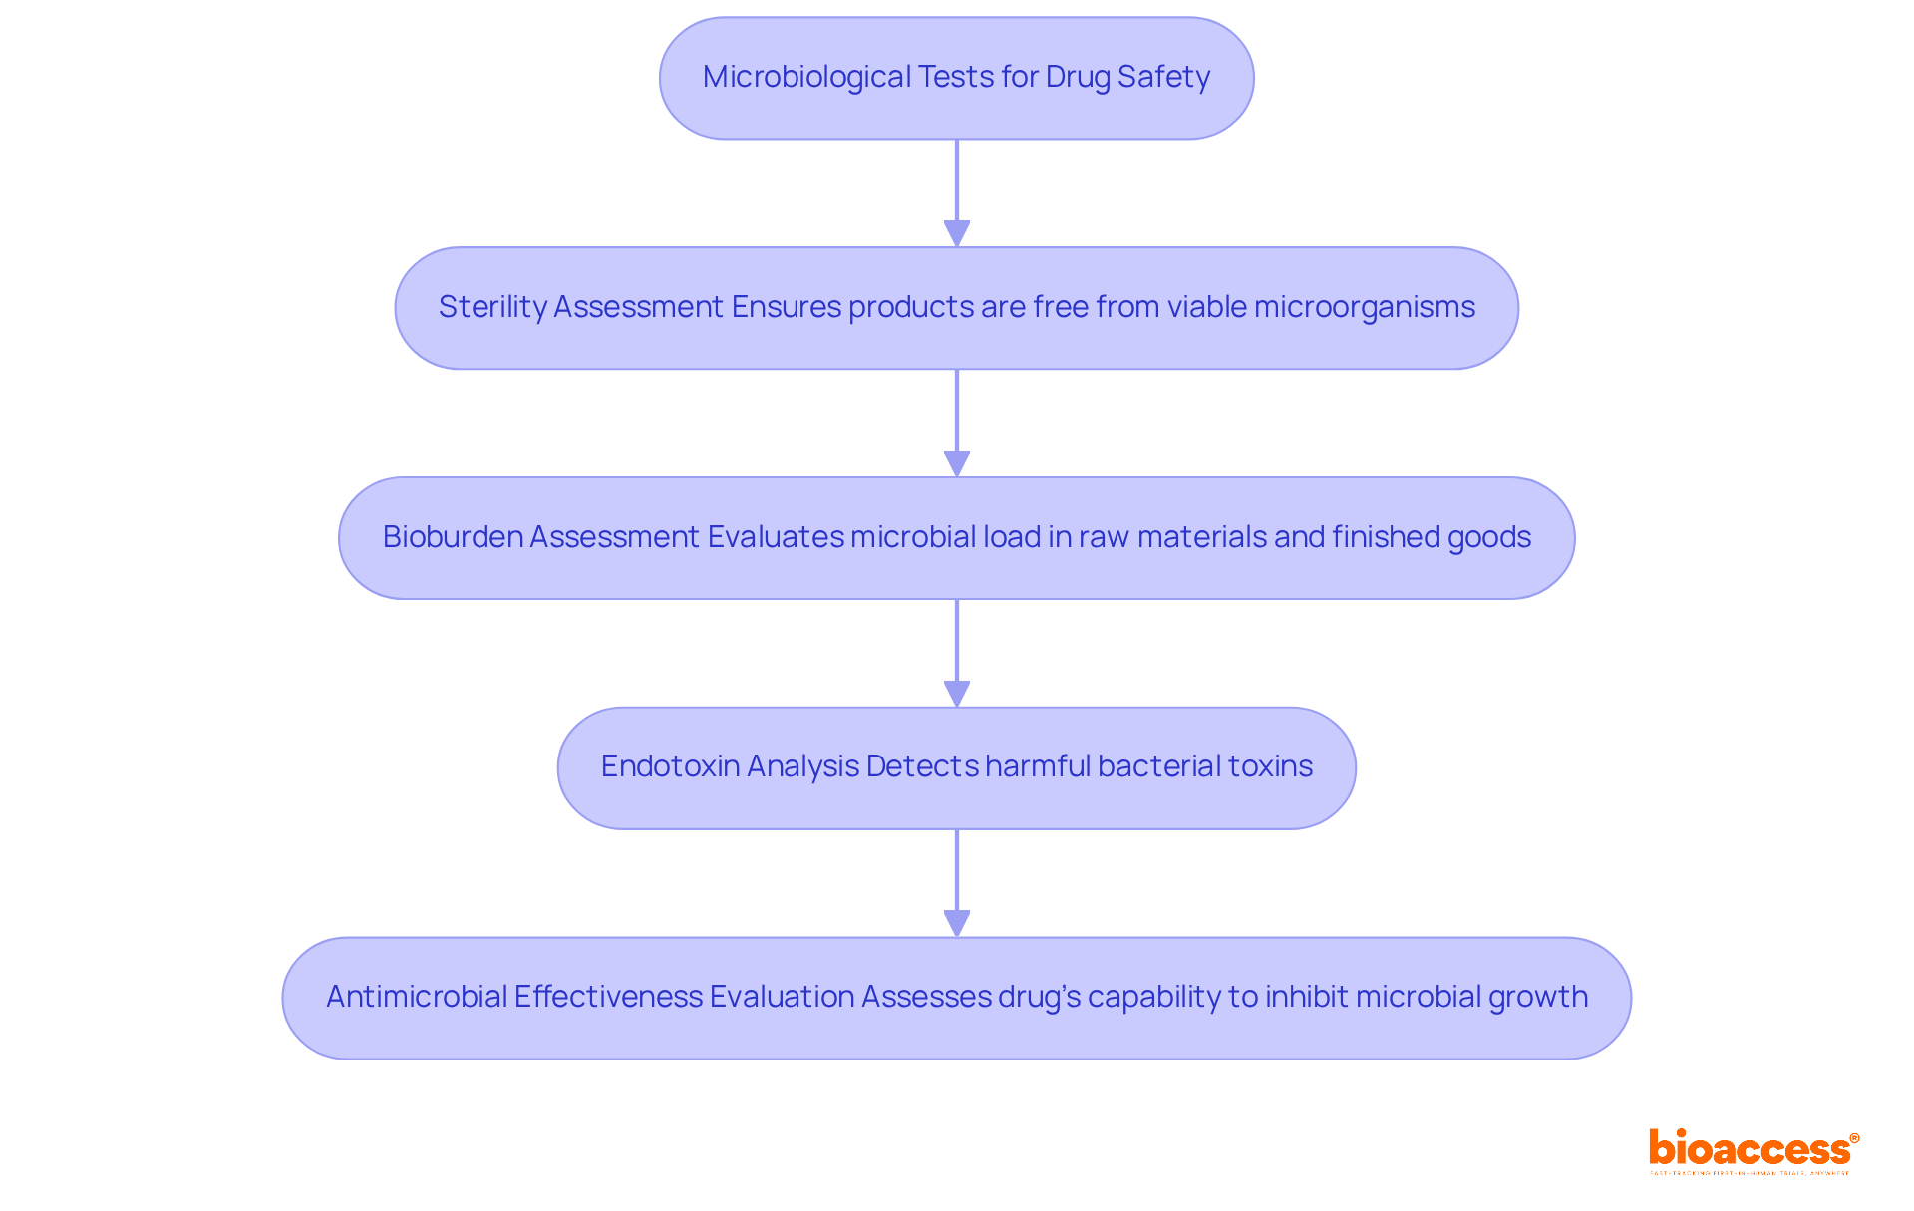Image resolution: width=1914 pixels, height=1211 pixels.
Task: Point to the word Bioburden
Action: (454, 537)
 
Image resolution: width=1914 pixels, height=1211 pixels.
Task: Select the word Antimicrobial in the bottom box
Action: (416, 997)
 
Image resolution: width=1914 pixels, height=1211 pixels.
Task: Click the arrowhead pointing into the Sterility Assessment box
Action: (957, 234)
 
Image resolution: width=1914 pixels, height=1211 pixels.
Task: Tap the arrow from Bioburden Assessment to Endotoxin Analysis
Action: (957, 652)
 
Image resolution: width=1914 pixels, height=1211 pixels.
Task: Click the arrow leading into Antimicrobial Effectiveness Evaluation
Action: (957, 882)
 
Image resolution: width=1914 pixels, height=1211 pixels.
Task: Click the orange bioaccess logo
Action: (1749, 1149)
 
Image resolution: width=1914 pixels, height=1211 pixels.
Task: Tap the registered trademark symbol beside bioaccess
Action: (1854, 1138)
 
